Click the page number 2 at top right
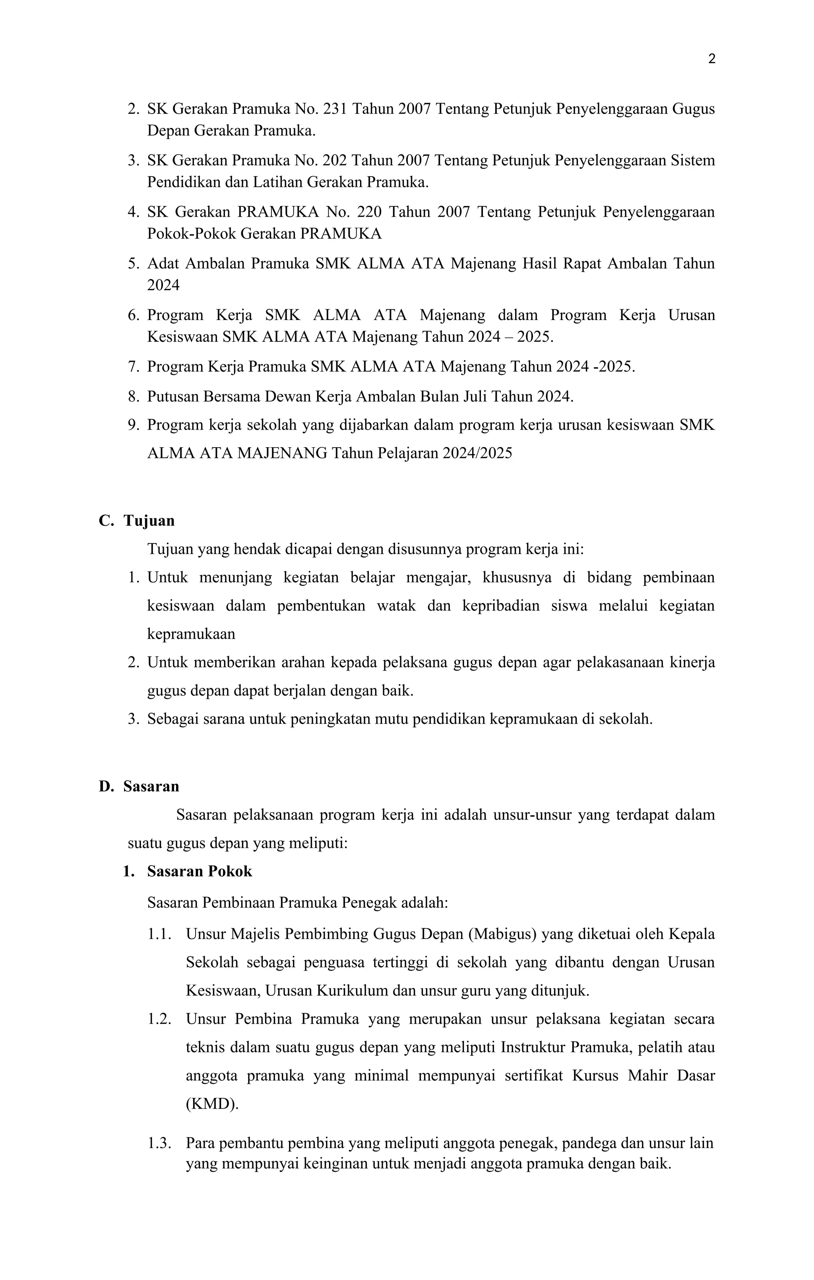[712, 59]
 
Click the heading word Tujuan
[149, 520]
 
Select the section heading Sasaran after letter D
[151, 786]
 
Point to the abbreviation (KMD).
[212, 1104]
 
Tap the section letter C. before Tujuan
[106, 520]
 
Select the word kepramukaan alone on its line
[191, 634]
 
